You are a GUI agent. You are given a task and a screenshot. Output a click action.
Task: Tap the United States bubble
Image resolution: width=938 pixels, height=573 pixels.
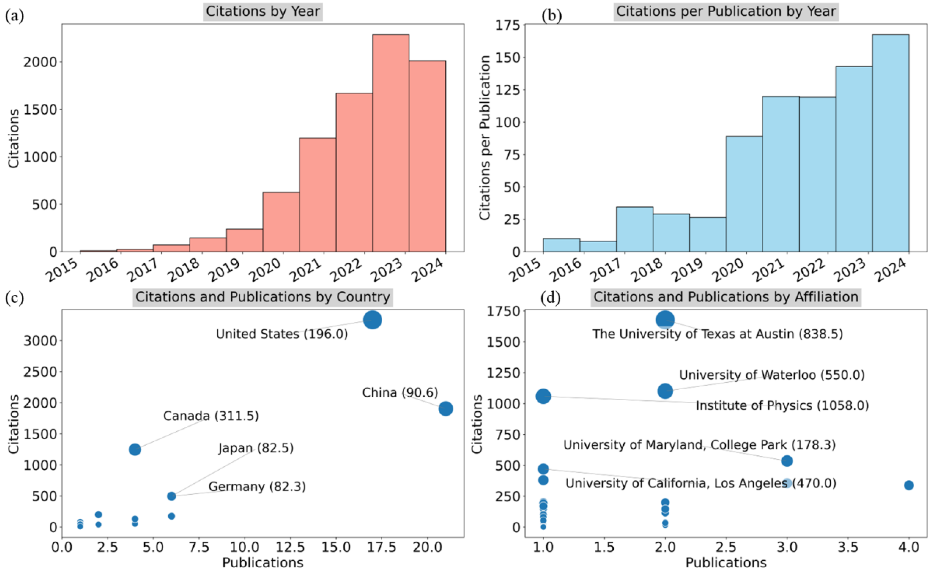tap(372, 320)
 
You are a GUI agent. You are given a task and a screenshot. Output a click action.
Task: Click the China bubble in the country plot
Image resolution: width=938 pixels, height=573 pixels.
tap(445, 408)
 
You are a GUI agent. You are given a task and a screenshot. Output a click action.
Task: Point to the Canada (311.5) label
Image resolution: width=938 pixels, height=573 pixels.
tap(211, 416)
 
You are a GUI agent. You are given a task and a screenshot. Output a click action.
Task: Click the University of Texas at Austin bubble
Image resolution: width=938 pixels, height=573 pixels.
tap(665, 320)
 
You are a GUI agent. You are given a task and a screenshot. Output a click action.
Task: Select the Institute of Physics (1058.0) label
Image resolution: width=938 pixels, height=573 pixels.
tap(782, 405)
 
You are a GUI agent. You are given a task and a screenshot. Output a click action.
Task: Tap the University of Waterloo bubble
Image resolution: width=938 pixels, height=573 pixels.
tap(665, 391)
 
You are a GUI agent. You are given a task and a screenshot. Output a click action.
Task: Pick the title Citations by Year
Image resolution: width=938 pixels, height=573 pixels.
tap(263, 12)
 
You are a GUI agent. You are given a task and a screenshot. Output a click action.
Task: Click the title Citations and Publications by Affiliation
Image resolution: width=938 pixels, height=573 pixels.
tap(726, 297)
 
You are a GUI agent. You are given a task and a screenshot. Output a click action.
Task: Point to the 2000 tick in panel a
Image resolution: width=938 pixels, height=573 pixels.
tap(40, 62)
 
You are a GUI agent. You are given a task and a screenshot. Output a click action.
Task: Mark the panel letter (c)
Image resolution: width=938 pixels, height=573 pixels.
tap(14, 298)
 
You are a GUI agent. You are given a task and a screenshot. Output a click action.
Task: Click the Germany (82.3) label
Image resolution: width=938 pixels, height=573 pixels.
tap(257, 487)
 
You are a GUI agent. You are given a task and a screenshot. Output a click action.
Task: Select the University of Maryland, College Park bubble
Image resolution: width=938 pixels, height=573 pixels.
tap(787, 461)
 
